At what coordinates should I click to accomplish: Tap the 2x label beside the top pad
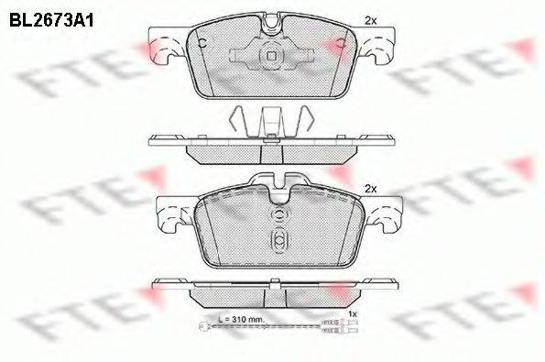[x=370, y=19]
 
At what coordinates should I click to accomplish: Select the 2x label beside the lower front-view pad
[x=370, y=188]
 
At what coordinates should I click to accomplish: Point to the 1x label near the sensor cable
[x=354, y=314]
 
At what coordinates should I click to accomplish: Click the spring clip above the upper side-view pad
[x=271, y=119]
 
